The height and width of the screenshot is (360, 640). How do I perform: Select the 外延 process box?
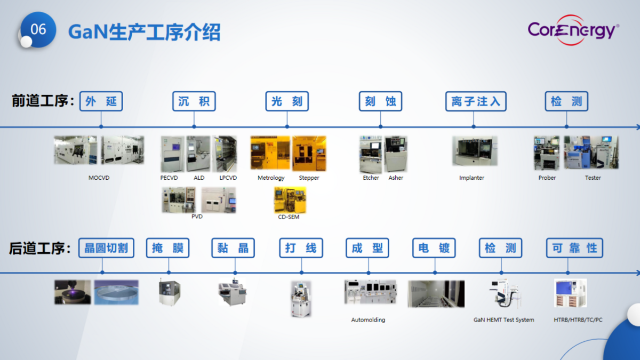[x=101, y=101]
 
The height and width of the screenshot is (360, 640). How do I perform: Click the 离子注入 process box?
[x=476, y=101]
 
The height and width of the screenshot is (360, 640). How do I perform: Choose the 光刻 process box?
[x=287, y=101]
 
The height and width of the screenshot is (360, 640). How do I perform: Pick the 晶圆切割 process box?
[x=106, y=248]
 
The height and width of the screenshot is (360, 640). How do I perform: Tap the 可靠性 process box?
[x=574, y=248]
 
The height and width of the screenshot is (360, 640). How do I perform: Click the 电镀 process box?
[x=434, y=248]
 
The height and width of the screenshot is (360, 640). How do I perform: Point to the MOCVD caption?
[x=99, y=178]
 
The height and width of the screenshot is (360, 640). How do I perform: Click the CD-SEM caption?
[x=289, y=217]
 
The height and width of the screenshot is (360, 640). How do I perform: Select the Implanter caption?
[x=471, y=178]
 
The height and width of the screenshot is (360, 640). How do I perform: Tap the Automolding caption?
[x=368, y=320]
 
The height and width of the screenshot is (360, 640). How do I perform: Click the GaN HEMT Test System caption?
[x=503, y=320]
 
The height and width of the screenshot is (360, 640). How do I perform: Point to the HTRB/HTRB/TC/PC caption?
[x=578, y=320]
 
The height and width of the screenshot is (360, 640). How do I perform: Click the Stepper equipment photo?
[x=309, y=153]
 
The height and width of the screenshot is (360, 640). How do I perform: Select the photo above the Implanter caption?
[x=475, y=151]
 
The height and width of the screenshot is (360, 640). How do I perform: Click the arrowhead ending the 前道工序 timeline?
[x=637, y=127]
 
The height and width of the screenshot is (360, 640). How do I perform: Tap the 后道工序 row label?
[x=40, y=249]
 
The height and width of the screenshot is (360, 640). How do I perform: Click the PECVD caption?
[x=169, y=178]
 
